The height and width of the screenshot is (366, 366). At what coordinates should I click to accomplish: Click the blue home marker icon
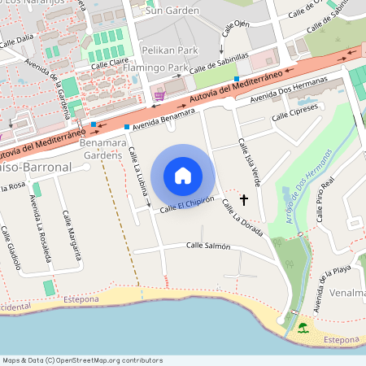point(183,175)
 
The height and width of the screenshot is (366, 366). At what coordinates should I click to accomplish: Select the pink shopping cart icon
point(159,96)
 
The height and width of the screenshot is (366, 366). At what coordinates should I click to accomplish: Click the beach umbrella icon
point(303,328)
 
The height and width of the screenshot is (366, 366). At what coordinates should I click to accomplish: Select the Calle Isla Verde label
point(250,160)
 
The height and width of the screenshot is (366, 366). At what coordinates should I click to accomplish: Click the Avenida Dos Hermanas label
point(289,89)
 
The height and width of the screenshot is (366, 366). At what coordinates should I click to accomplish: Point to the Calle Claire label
point(110,63)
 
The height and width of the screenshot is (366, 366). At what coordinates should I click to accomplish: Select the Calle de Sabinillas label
point(219,63)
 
